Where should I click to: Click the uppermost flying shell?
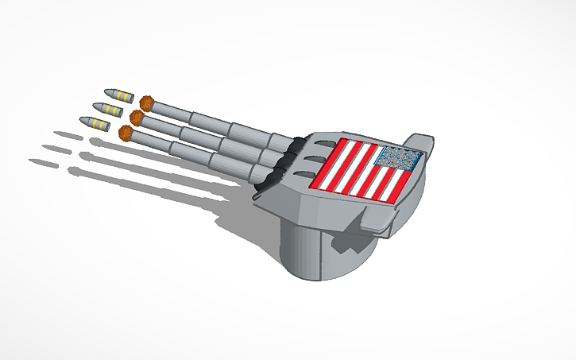[x=118, y=95]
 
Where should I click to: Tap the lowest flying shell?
[x=92, y=123]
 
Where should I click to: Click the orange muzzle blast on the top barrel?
[x=146, y=103]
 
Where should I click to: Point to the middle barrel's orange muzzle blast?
[x=137, y=118]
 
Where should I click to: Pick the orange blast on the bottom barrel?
[x=126, y=134]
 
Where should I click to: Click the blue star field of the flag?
[x=397, y=157]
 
